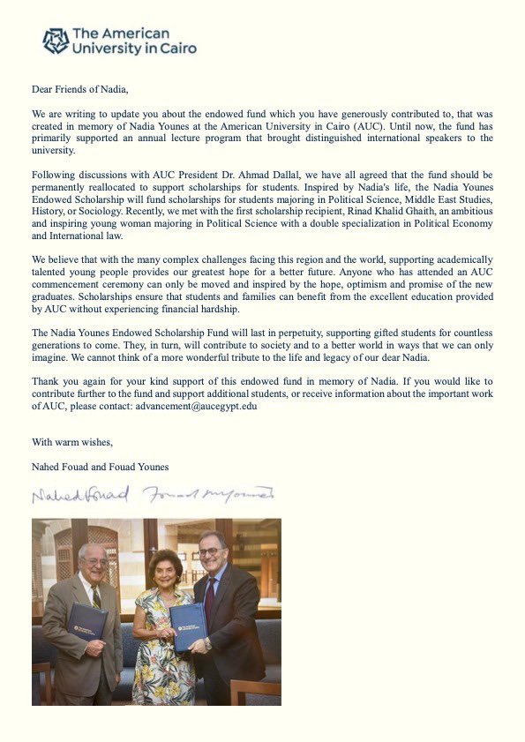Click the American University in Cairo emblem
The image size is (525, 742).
pyautogui.click(x=56, y=41)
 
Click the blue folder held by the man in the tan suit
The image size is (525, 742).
pyautogui.click(x=87, y=621)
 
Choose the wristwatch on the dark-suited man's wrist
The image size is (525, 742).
pyautogui.click(x=208, y=643)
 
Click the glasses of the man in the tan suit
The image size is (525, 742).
pyautogui.click(x=94, y=561)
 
